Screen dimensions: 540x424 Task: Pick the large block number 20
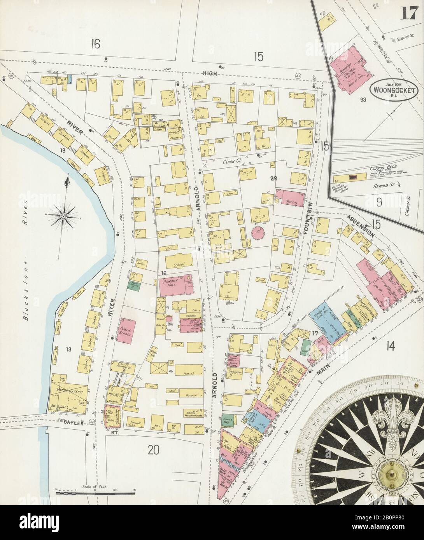[x=154, y=450]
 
